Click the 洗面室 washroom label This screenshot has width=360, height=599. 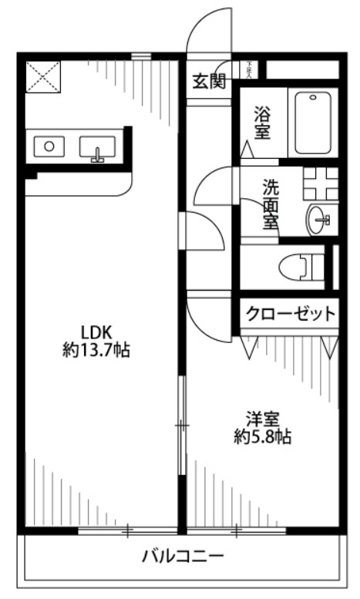click(x=271, y=204)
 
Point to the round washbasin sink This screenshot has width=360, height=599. click(x=318, y=220)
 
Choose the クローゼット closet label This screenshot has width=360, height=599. click(x=291, y=314)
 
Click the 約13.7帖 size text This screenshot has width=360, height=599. click(x=96, y=351)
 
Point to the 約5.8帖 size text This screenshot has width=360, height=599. click(x=262, y=437)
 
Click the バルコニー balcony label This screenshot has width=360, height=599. click(x=183, y=556)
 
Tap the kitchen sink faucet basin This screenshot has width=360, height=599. click(x=97, y=147)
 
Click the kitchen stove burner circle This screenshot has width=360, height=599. click(x=50, y=145)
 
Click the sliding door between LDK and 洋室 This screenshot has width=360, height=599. click(x=182, y=425)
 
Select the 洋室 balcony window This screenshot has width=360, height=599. click(x=236, y=530)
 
